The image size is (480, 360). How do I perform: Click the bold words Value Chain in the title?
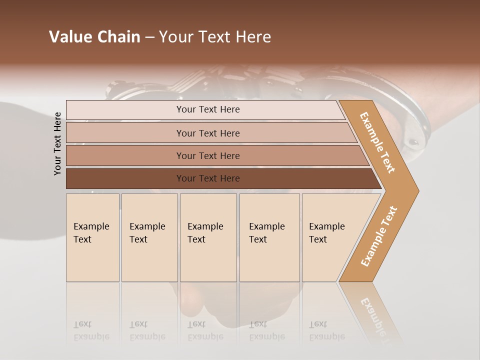click(x=94, y=37)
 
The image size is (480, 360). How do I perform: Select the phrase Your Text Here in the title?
click(x=215, y=37)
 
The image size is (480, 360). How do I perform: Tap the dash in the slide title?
click(x=149, y=37)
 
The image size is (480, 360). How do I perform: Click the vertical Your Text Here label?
click(x=57, y=143)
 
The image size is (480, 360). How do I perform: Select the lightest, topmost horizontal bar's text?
click(x=208, y=109)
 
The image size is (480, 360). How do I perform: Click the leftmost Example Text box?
click(x=92, y=237)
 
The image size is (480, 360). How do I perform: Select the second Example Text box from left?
click(x=149, y=237)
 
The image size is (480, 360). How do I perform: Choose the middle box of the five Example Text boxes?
click(x=208, y=237)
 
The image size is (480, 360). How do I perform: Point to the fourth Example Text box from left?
click(x=269, y=237)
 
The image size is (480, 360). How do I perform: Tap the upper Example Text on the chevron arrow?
click(x=377, y=142)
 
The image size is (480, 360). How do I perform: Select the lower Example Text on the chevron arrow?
click(x=379, y=236)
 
